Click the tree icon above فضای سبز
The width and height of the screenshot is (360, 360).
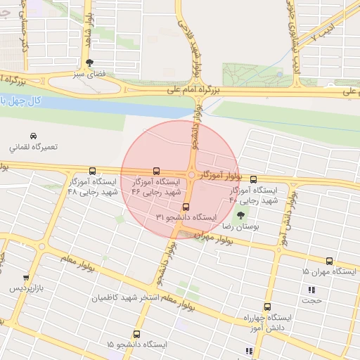pyautogui.click(x=89, y=63)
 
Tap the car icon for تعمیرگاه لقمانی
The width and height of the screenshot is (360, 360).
pyautogui.click(x=33, y=136)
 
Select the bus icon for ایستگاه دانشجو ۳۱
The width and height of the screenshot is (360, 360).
pyautogui.click(x=186, y=207)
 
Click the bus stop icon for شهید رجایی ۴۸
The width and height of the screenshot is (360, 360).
pyautogui.click(x=93, y=171)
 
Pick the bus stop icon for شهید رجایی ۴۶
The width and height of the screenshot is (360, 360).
pyautogui.click(x=156, y=171)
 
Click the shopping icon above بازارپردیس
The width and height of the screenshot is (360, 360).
pyautogui.click(x=26, y=278)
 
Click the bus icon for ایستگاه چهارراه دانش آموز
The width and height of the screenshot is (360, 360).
pyautogui.click(x=267, y=307)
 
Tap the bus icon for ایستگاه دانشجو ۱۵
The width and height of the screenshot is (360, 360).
pyautogui.click(x=136, y=334)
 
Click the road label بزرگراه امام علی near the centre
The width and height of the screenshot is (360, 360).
pyautogui.click(x=194, y=90)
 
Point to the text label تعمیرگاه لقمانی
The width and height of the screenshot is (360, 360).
pyautogui.click(x=32, y=148)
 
